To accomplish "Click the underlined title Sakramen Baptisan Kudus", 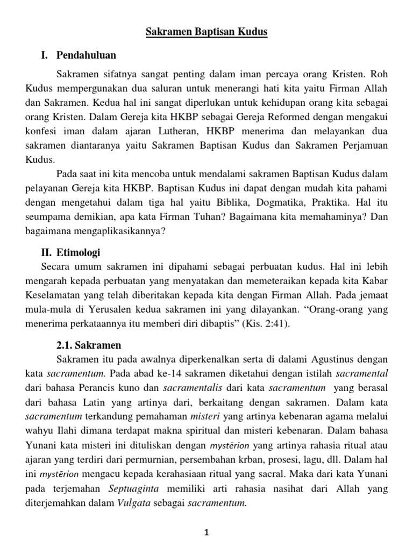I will (x=206, y=33).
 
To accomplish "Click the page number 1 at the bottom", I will (x=206, y=532).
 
